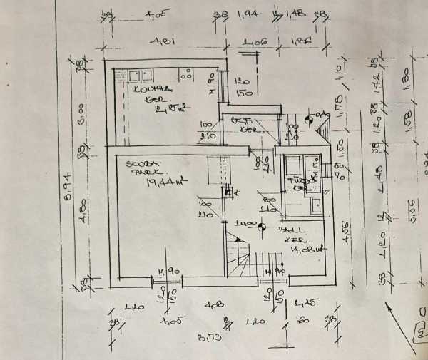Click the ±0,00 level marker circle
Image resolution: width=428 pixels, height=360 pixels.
click(x=261, y=227)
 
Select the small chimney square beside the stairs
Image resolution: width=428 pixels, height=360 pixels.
click(x=228, y=190)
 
